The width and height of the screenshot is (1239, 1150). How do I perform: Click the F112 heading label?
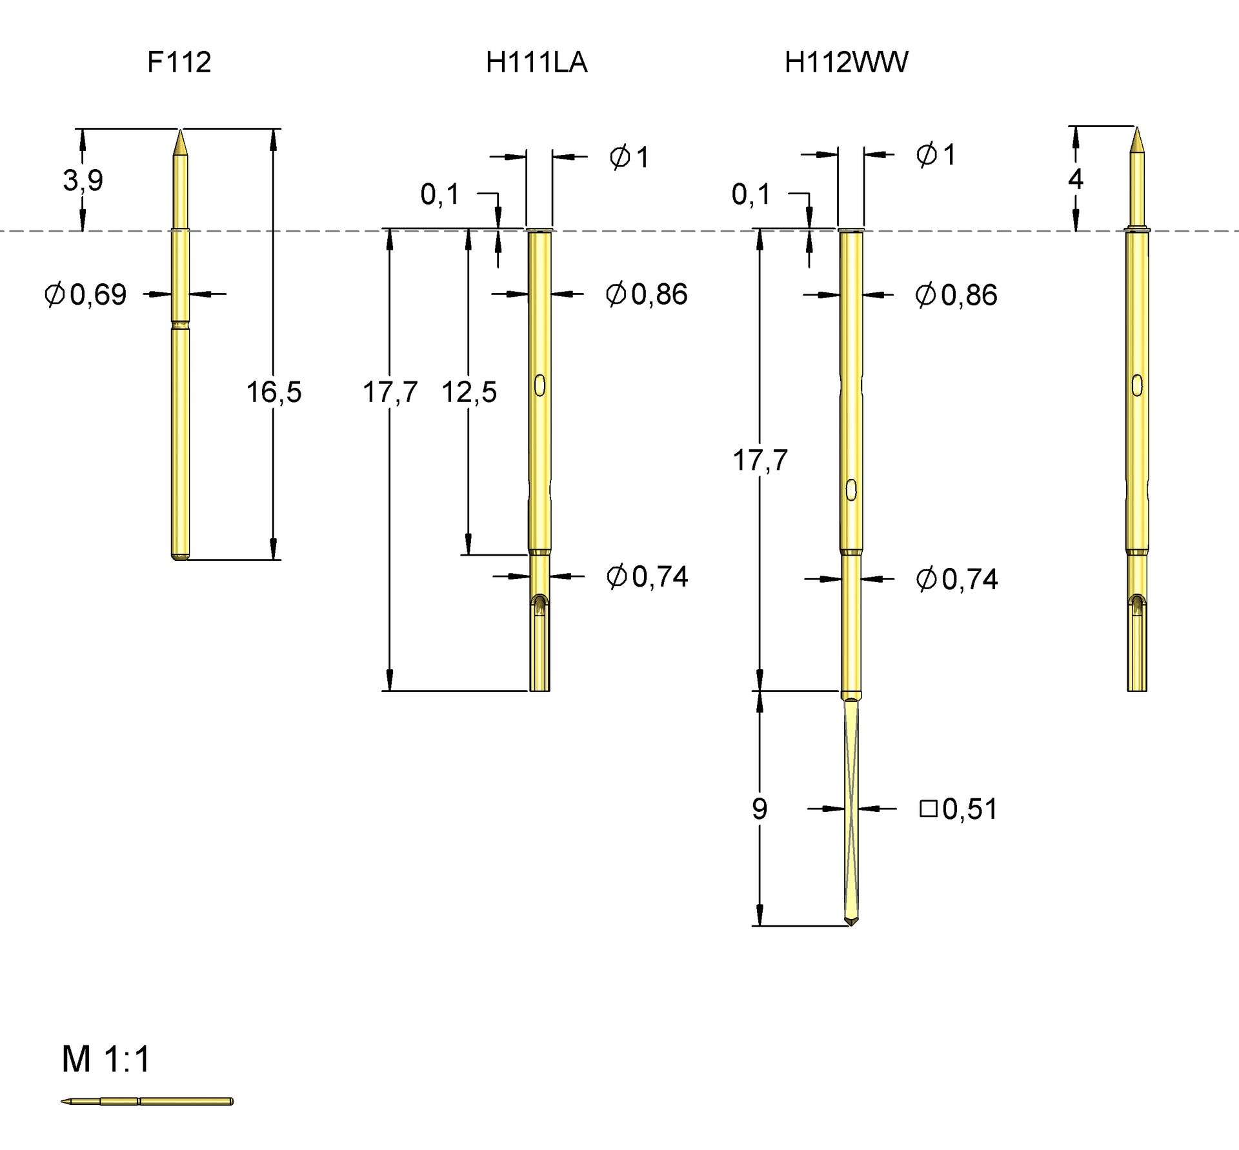pyautogui.click(x=179, y=63)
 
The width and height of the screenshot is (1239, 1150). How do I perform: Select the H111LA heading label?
pyautogui.click(x=536, y=63)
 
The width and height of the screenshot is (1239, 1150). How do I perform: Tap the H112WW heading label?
pyautogui.click(x=846, y=63)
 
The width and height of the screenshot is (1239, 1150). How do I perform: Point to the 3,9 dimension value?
pyautogui.click(x=83, y=180)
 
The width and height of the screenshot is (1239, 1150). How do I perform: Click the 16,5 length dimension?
pyautogui.click(x=274, y=392)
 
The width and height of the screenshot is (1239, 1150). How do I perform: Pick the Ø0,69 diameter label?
pyautogui.click(x=85, y=295)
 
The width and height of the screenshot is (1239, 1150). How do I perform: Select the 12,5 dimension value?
pyautogui.click(x=469, y=392)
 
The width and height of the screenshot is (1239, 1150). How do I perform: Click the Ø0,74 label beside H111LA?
pyautogui.click(x=647, y=576)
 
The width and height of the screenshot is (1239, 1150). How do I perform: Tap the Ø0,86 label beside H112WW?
pyautogui.click(x=956, y=295)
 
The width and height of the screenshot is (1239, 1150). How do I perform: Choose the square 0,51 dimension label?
pyautogui.click(x=958, y=809)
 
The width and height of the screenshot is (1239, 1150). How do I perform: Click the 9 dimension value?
pyautogui.click(x=760, y=809)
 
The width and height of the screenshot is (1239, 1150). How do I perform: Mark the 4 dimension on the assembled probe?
pyautogui.click(x=1075, y=179)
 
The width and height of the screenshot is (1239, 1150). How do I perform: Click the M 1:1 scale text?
pyautogui.click(x=106, y=1059)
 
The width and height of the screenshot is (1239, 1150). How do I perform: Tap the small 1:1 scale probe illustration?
pyautogui.click(x=147, y=1101)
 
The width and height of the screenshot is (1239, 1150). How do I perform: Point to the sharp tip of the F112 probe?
pyautogui.click(x=181, y=130)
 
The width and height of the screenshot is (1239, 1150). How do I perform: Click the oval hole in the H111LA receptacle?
pyautogui.click(x=540, y=385)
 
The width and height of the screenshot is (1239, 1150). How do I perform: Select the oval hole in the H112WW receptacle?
pyautogui.click(x=851, y=490)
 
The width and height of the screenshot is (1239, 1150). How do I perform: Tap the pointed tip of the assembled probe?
pyautogui.click(x=1137, y=128)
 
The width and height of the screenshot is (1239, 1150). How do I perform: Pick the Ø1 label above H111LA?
pyautogui.click(x=629, y=157)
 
